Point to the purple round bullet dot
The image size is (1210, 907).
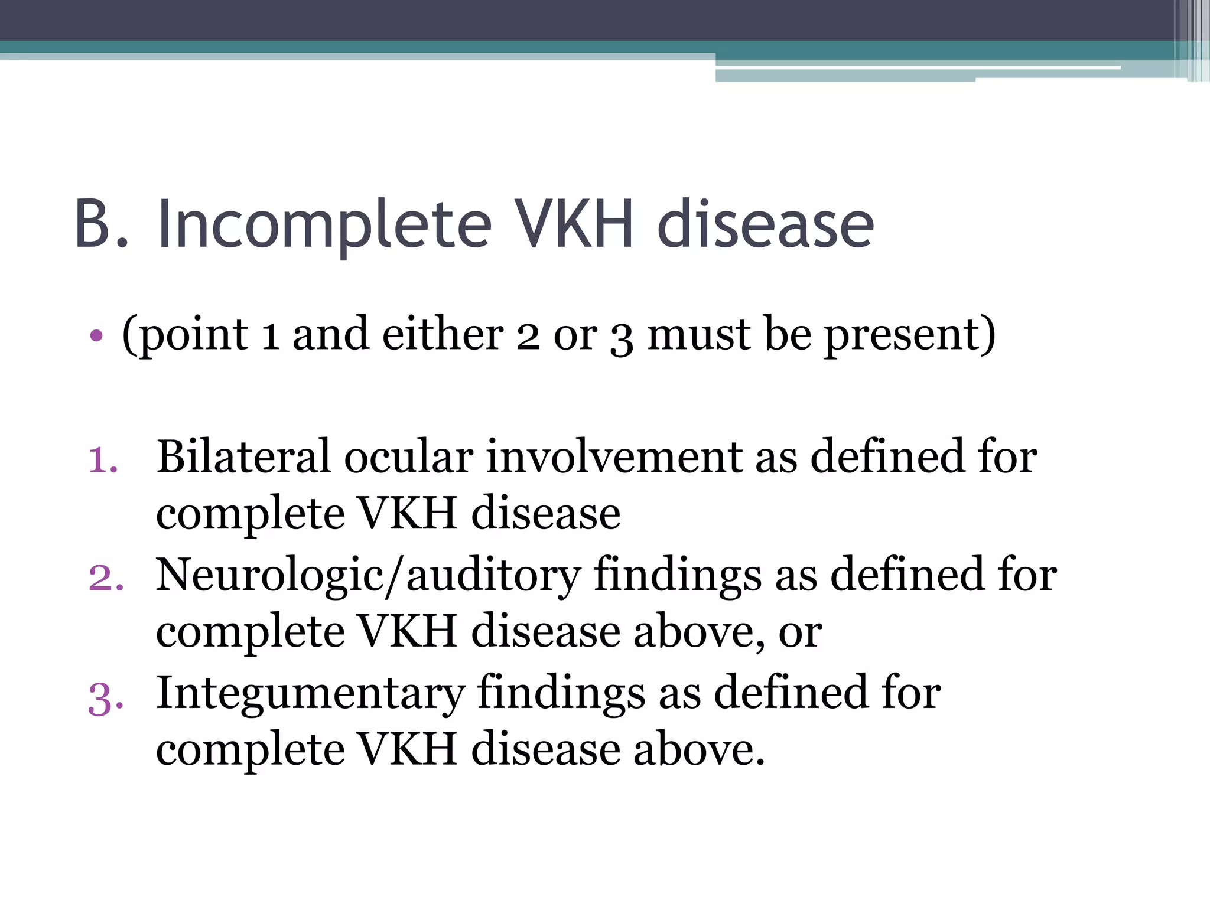coord(96,337)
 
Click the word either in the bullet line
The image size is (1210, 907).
coord(443,335)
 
